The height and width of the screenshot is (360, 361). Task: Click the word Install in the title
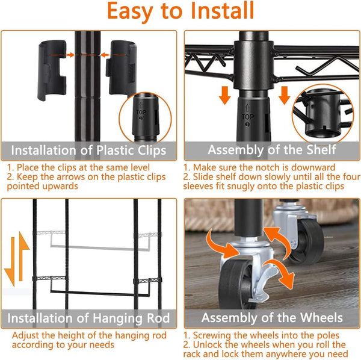[x=222, y=11]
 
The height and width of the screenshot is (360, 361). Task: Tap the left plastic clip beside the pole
[x=52, y=70]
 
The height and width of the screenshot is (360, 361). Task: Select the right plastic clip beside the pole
[x=122, y=68]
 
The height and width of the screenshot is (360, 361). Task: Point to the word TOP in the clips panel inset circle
[x=141, y=112]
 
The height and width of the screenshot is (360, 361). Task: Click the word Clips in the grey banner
[x=152, y=151]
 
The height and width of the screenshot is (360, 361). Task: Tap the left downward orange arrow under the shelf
[x=224, y=95]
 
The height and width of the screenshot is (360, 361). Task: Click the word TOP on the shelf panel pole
[x=248, y=117]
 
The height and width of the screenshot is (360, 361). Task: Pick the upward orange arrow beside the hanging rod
[x=23, y=256]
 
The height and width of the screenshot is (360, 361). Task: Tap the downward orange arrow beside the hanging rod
[x=10, y=262]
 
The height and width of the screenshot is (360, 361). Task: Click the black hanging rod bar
[x=100, y=293]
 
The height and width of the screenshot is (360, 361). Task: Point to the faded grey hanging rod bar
[x=100, y=247]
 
